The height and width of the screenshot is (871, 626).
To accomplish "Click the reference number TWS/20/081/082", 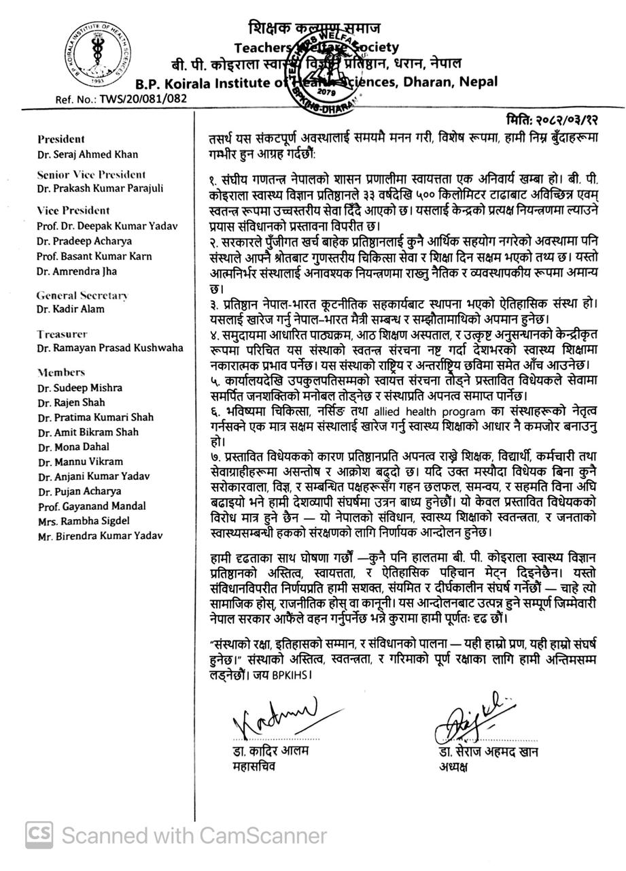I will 121,98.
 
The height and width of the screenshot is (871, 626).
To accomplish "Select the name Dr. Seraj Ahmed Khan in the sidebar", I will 79,154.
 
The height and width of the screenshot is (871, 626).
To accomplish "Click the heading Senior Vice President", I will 91,174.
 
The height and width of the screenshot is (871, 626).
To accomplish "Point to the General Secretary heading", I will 82,295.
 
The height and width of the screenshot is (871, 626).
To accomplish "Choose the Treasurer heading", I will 62,334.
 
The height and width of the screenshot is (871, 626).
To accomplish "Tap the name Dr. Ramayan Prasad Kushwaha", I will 110,348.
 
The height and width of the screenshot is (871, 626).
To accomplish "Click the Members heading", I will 61,372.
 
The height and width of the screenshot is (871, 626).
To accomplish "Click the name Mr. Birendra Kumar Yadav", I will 100,536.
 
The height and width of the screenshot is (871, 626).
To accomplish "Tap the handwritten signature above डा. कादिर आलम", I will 271,718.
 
